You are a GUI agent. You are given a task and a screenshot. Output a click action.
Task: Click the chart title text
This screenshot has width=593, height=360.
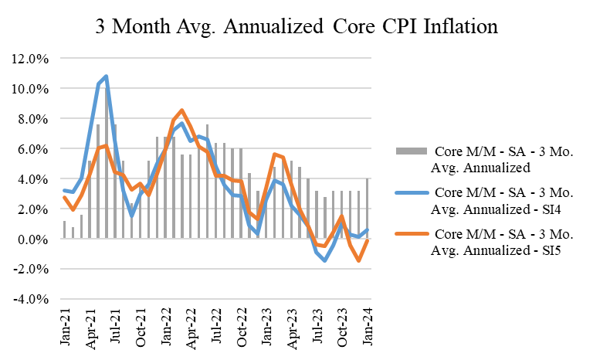point(296,26)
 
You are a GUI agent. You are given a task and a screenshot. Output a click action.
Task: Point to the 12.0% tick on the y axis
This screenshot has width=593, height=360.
point(32,58)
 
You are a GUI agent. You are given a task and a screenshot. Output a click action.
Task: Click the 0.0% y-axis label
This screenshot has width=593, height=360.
point(35,239)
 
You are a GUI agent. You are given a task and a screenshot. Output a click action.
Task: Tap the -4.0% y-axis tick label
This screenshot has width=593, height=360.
point(33,299)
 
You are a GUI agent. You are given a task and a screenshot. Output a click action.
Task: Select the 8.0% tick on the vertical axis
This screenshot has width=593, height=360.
point(35,118)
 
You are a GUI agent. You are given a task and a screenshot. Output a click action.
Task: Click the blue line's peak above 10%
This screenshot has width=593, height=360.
point(106,76)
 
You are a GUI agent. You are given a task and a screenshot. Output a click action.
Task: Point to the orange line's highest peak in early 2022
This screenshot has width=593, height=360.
point(181,110)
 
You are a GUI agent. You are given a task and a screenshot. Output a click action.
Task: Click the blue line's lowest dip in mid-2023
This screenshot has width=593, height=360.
point(325,260)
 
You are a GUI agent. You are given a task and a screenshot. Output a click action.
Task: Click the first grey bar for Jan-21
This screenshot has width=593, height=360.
point(65,230)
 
